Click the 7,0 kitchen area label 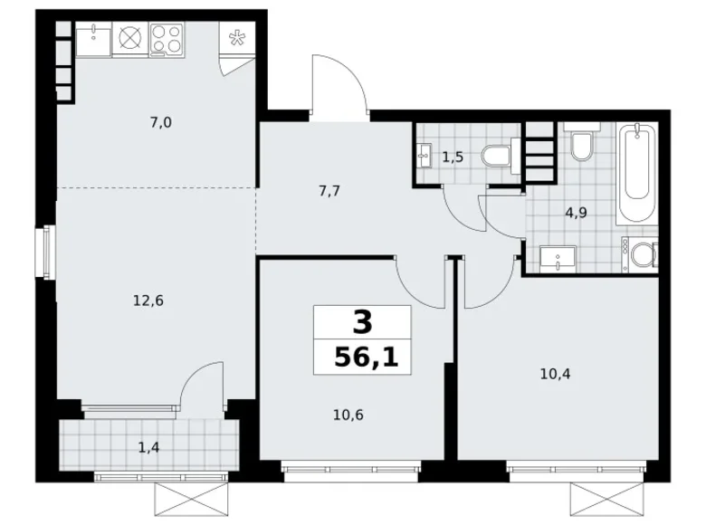click(x=161, y=123)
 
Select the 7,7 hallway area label click(x=329, y=191)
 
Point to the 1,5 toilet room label click(x=453, y=157)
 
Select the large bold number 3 click(x=362, y=320)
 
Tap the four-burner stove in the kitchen click(x=166, y=38)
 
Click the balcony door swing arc click(x=201, y=384)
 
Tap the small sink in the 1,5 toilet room click(x=425, y=155)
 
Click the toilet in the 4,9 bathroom click(x=580, y=145)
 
